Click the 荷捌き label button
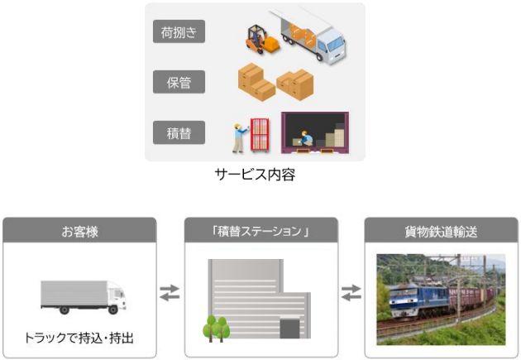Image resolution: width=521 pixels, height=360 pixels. (x=179, y=31)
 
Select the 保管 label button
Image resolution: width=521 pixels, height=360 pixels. (x=179, y=82)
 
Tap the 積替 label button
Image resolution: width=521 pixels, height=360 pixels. (x=179, y=132)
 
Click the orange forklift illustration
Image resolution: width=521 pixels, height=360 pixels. (x=262, y=40)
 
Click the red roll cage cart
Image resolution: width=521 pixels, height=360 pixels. (x=260, y=135)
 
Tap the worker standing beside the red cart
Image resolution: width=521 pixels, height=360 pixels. (x=239, y=138)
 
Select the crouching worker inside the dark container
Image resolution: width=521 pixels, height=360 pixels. (x=306, y=138)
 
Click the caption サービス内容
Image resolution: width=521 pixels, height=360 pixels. (x=255, y=174)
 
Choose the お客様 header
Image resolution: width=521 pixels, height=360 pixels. (x=79, y=230)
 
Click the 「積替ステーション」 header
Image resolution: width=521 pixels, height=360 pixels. (x=261, y=230)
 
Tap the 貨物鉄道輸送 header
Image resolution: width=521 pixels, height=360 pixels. (x=442, y=230)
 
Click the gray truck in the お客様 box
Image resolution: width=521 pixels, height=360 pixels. (x=83, y=297)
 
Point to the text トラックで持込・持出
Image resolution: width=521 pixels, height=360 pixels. (x=79, y=338)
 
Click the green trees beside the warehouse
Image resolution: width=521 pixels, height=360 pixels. (x=217, y=329)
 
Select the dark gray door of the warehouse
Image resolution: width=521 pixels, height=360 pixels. (x=289, y=329)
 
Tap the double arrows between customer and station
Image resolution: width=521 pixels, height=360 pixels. (x=170, y=292)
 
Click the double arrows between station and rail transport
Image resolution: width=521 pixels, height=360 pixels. (x=351, y=292)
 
